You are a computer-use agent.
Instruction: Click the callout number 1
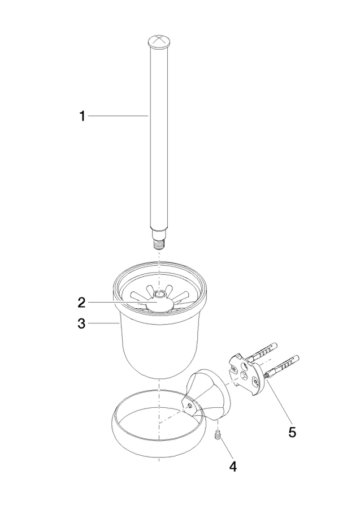[83, 116]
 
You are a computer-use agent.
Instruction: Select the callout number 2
[81, 303]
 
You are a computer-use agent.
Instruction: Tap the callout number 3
[81, 323]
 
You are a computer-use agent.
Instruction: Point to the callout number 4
[233, 467]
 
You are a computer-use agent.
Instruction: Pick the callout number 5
[292, 432]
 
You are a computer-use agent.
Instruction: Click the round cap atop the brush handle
[159, 42]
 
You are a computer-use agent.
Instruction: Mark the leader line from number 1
[118, 115]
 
